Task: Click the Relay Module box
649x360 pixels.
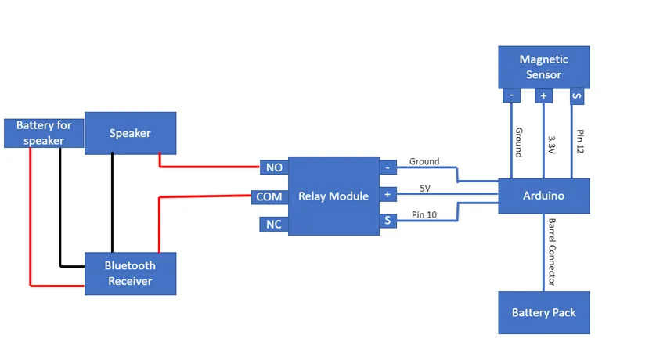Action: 334,196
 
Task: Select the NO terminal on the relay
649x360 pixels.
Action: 275,167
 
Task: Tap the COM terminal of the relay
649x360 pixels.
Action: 269,196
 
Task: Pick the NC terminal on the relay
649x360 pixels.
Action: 275,225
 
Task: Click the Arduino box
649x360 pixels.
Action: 543,196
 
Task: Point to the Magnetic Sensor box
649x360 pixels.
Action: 543,67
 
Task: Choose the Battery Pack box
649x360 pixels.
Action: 543,312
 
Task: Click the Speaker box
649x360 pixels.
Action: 130,133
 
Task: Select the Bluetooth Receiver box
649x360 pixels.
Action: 130,273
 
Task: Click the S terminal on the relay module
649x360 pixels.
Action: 388,222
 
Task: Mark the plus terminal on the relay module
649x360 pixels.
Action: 388,194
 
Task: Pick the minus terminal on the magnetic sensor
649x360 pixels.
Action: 511,95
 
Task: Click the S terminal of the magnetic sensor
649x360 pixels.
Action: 577,95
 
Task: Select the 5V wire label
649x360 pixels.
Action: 425,188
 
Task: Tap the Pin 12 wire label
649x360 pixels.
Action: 580,141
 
